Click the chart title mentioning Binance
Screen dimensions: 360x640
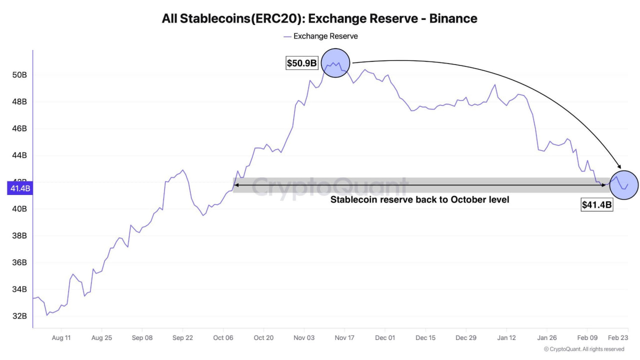tap(319, 18)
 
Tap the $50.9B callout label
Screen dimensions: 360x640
tap(302, 63)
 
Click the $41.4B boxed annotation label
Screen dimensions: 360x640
tap(596, 204)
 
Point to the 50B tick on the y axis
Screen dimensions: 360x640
tap(19, 75)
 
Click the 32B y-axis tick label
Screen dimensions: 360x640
tap(19, 316)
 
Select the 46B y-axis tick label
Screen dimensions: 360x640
tap(19, 128)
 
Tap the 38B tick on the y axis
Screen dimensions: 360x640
tap(19, 235)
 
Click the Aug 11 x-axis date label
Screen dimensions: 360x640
tap(61, 337)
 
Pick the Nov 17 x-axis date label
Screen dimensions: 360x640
tap(344, 337)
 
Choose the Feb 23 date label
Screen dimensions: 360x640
tap(618, 337)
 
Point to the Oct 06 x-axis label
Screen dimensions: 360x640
tap(223, 337)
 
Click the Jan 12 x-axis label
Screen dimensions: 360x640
tap(506, 337)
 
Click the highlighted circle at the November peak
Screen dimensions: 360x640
tap(335, 63)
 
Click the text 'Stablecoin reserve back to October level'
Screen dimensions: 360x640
tap(420, 199)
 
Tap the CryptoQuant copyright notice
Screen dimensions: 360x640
tap(584, 349)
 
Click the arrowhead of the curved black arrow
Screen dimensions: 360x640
tap(619, 167)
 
